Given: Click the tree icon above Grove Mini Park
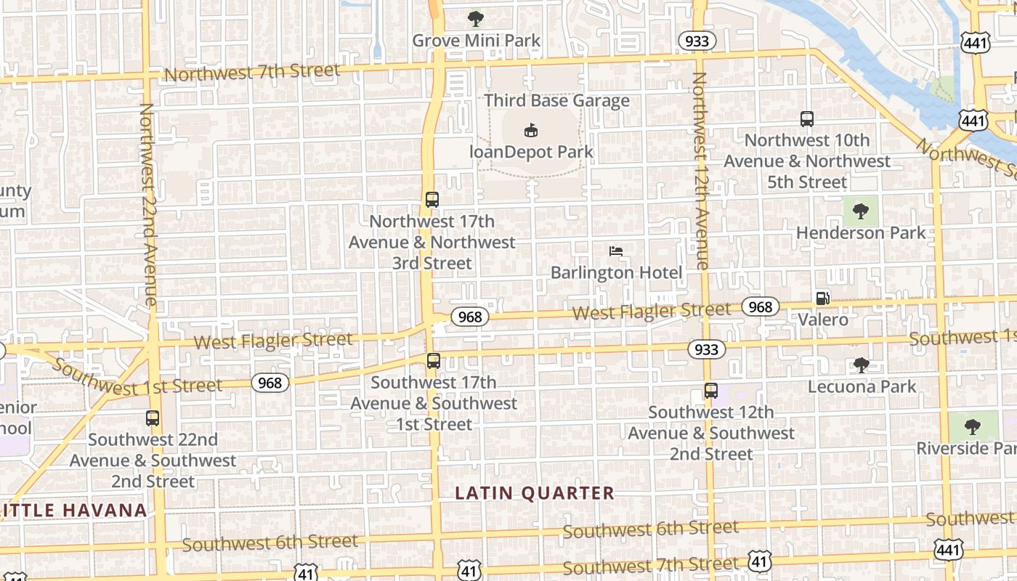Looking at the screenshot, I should pyautogui.click(x=476, y=18).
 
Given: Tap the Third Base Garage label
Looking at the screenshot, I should pyautogui.click(x=556, y=100).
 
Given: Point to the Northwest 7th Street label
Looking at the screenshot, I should pyautogui.click(x=252, y=72).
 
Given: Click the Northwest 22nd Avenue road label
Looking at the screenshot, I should pyautogui.click(x=148, y=204).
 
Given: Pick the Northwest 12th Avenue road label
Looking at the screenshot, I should pyautogui.click(x=700, y=171).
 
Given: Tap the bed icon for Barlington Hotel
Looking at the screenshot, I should pyautogui.click(x=616, y=251).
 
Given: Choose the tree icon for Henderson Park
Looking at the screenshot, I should pyautogui.click(x=861, y=211).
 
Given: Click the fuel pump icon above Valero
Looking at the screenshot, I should pyautogui.click(x=822, y=298).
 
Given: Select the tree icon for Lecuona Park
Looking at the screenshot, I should pyautogui.click(x=862, y=365).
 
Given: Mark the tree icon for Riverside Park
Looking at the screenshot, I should pyautogui.click(x=973, y=426).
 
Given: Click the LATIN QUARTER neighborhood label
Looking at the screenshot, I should pyautogui.click(x=535, y=493).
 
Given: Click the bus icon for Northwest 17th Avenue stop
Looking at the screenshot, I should pyautogui.click(x=432, y=199).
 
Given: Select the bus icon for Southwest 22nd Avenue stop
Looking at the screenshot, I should pyautogui.click(x=153, y=418).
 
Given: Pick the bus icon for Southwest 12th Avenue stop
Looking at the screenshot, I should pyautogui.click(x=711, y=391).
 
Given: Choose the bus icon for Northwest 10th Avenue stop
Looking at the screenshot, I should pyautogui.click(x=806, y=119).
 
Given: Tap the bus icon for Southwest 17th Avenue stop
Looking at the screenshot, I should pyautogui.click(x=434, y=360).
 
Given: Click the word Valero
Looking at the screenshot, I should pyautogui.click(x=823, y=320).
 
